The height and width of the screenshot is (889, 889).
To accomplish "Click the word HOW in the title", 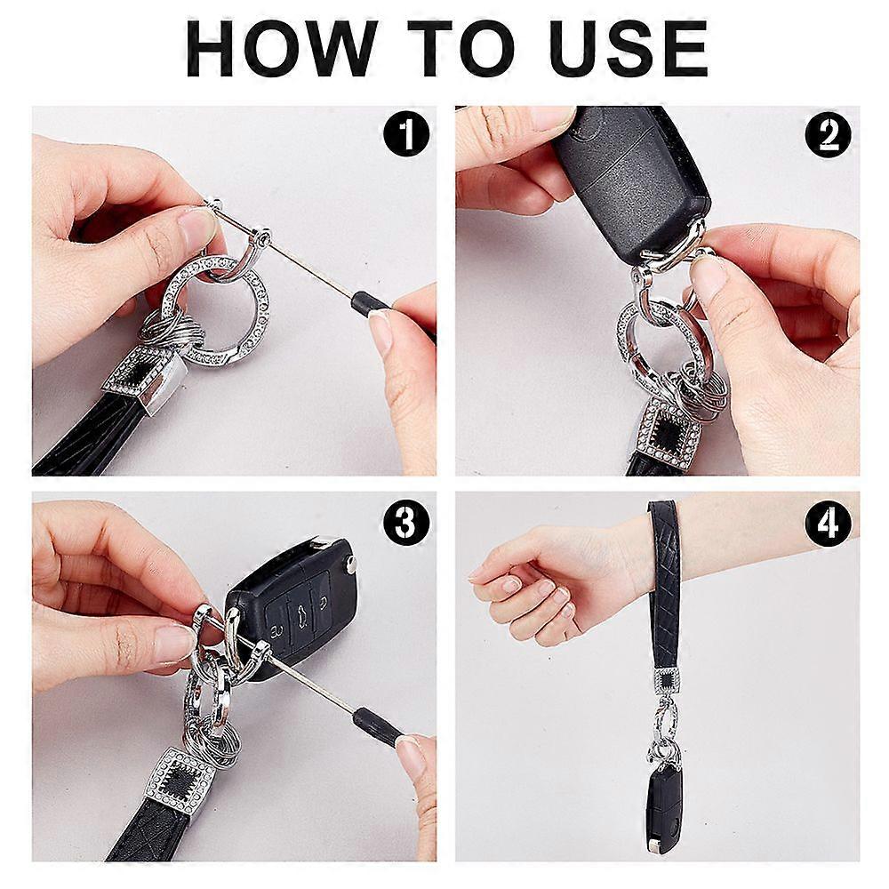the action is pyautogui.click(x=282, y=48).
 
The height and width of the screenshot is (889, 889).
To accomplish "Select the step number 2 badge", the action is pyautogui.click(x=828, y=134).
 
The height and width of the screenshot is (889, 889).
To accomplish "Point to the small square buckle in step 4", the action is pyautogui.click(x=667, y=680).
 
